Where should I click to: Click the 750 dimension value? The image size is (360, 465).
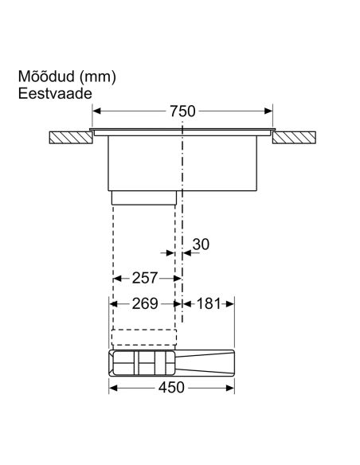click(x=182, y=111)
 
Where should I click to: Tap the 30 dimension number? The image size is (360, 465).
click(x=201, y=244)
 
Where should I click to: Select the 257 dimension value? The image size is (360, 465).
click(x=144, y=278)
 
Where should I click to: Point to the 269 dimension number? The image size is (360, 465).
click(x=145, y=303)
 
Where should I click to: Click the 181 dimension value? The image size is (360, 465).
click(x=209, y=303)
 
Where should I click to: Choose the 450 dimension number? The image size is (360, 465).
click(x=171, y=388)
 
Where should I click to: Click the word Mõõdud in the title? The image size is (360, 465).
click(x=46, y=76)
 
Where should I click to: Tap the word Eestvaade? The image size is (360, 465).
click(x=55, y=94)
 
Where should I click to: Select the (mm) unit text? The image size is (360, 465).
click(x=98, y=77)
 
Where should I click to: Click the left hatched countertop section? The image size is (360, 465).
click(x=71, y=138)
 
